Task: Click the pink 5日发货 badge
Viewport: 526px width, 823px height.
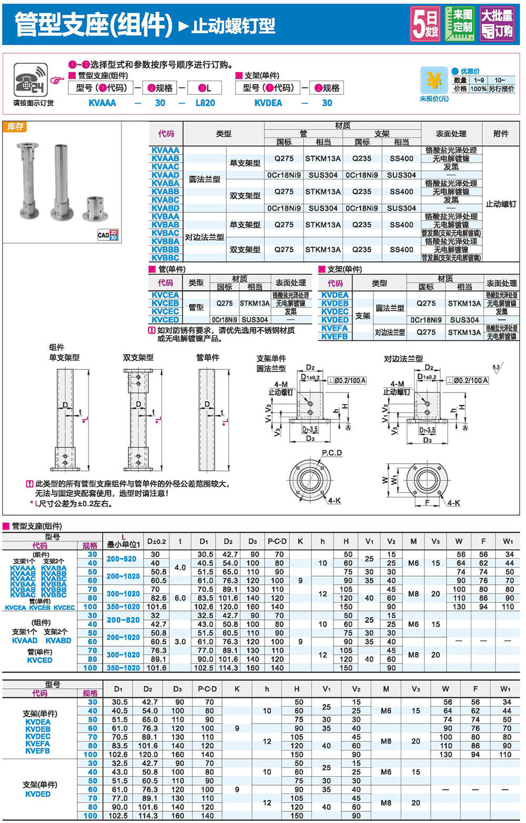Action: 424,24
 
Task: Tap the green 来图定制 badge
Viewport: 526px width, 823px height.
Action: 460,24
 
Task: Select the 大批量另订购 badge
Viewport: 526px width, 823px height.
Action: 497,24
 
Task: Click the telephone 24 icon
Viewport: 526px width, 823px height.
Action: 31,80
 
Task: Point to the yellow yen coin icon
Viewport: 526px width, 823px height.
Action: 434,81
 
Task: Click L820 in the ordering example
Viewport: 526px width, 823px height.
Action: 205,103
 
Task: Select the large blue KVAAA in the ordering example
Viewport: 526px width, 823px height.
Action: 102,103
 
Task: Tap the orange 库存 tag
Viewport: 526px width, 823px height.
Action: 15,127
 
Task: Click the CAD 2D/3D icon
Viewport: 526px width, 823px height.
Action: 108,235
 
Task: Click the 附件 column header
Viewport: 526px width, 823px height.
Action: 501,134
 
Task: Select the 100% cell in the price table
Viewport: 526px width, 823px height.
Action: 479,89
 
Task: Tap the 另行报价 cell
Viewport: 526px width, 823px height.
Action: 502,89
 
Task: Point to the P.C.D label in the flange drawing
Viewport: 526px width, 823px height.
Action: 332,453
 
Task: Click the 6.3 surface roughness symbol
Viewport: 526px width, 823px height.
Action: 497,367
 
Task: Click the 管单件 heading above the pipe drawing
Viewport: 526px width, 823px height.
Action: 208,358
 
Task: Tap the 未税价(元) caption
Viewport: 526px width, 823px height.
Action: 434,99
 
